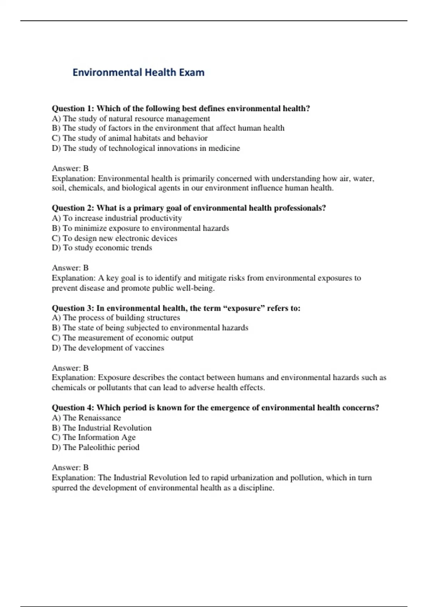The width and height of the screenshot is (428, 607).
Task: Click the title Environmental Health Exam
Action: click(x=138, y=72)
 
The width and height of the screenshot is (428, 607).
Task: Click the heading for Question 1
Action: click(x=180, y=108)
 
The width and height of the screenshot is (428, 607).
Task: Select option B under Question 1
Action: click(x=168, y=128)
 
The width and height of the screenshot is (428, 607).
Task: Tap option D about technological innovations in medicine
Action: click(x=146, y=148)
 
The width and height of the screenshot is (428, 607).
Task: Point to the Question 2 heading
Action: click(x=189, y=208)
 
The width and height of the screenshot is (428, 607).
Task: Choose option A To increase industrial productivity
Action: click(x=117, y=218)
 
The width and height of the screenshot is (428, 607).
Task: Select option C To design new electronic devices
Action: click(x=114, y=238)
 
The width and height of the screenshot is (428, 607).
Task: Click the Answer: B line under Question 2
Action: click(x=70, y=268)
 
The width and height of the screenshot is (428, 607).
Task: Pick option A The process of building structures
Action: click(x=116, y=318)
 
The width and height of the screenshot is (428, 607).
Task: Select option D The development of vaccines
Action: click(x=108, y=348)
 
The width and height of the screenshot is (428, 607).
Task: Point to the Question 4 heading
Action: click(x=215, y=407)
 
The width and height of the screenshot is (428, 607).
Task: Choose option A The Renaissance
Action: click(x=86, y=418)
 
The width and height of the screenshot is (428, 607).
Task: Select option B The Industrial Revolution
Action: click(x=102, y=428)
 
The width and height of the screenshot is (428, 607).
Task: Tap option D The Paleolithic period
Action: click(x=96, y=447)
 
